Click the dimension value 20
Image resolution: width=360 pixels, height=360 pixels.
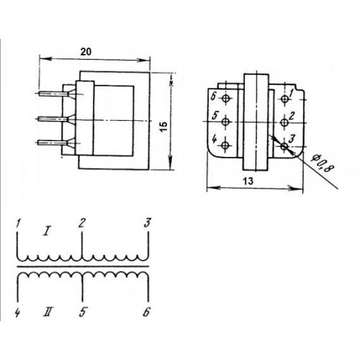pos(86,52)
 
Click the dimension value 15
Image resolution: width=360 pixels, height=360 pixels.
pos(163,127)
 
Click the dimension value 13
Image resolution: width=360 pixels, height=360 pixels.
pos(248,181)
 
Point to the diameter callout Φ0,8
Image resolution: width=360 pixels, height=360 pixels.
pos(322,163)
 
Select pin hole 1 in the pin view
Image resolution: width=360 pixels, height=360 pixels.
pos(284,99)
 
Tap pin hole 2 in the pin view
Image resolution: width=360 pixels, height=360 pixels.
pos(284,122)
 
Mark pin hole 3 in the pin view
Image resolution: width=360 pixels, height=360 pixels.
pos(284,146)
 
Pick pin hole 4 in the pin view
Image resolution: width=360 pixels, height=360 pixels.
pos(225,145)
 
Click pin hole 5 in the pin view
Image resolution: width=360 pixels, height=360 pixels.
pos(225,122)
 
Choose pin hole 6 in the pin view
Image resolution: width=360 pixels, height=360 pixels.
pos(225,98)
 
